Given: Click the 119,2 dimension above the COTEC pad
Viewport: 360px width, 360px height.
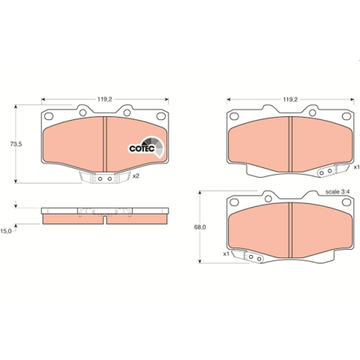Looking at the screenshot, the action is click(105, 99).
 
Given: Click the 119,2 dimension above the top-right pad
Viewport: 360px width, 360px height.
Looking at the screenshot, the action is click(290, 99).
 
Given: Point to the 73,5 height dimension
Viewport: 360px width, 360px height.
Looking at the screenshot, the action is click(16, 144).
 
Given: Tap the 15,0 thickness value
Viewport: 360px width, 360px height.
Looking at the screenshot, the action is click(6, 231).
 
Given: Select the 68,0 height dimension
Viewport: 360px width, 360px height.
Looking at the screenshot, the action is click(200, 227).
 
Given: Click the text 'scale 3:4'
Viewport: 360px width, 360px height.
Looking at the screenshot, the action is click(337, 192).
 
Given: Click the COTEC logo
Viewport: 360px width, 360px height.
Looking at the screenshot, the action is click(146, 148).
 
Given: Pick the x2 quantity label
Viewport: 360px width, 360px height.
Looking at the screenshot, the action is click(136, 176).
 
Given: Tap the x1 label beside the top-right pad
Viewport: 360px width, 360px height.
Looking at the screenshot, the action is click(356, 167).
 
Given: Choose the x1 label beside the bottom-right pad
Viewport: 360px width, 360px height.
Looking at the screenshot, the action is click(226, 254).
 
